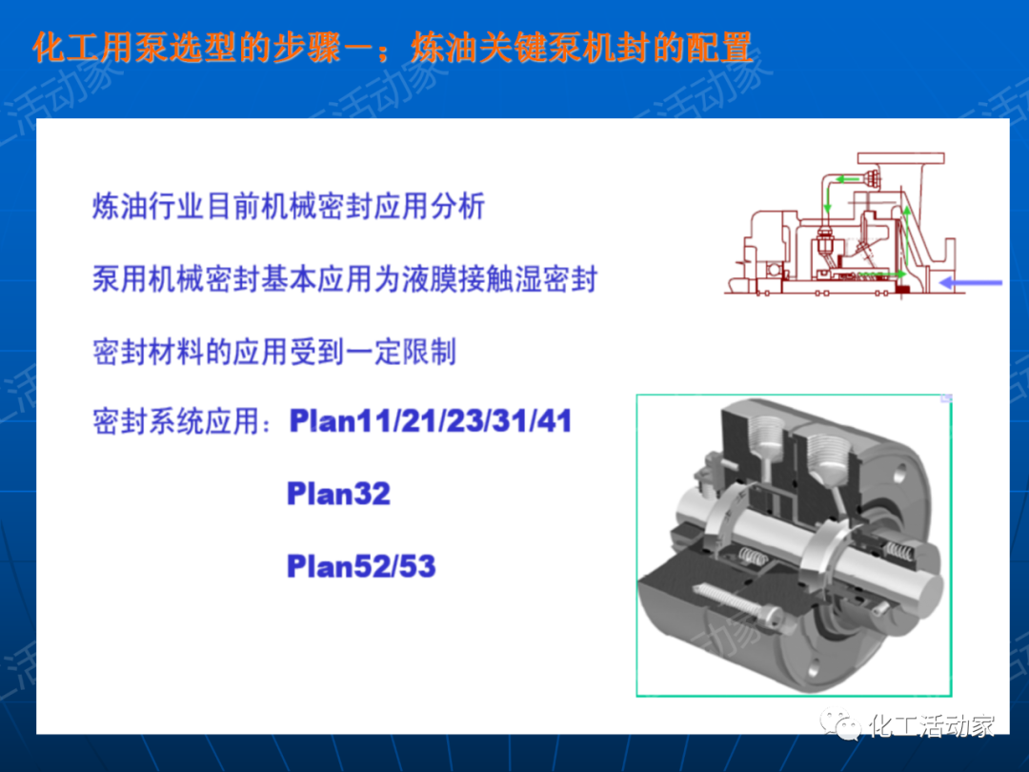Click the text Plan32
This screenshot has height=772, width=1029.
point(338,495)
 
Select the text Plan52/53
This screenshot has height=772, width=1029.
point(361,566)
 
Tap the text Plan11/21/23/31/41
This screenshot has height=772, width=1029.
point(431,420)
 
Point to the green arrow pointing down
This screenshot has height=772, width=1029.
point(828,201)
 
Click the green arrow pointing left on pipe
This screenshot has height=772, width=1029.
point(845,178)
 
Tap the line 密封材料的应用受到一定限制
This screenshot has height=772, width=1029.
point(274,351)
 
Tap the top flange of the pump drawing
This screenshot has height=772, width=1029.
point(900,158)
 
